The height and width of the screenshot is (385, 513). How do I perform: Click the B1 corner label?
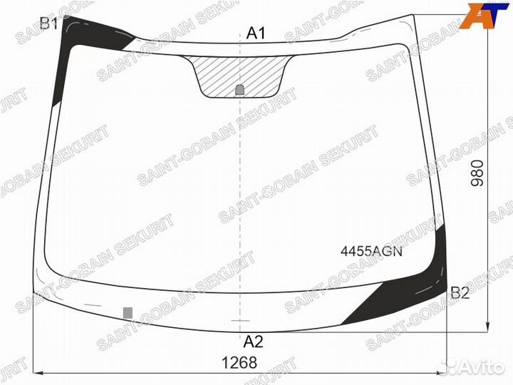[x=48, y=24]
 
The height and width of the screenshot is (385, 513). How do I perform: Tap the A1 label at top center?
[x=256, y=33]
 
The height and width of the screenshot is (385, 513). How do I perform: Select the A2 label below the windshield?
[x=253, y=342]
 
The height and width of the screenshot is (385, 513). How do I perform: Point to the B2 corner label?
[x=460, y=293]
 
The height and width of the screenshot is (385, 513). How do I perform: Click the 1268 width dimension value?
[x=239, y=363]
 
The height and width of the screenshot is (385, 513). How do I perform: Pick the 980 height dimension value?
[x=477, y=173]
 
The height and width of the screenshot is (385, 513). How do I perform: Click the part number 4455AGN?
[x=371, y=252]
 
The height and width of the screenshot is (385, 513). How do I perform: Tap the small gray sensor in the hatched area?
[x=240, y=90]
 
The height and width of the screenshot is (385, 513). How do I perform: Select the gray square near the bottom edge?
[x=128, y=313]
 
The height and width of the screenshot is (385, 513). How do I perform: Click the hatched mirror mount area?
[x=239, y=76]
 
